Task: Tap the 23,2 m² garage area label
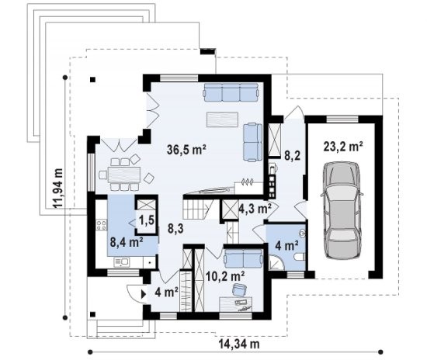[x=343, y=147]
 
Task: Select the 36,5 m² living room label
[x=186, y=150]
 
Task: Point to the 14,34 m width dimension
[x=239, y=344]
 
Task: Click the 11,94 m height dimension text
[x=57, y=189]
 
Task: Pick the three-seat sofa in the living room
[x=231, y=92]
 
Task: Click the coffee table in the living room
[x=222, y=119]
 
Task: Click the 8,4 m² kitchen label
[x=127, y=241]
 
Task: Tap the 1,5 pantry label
[x=147, y=220]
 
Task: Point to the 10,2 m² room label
[x=225, y=276]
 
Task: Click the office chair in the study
[x=239, y=289]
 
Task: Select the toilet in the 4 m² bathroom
[x=300, y=257]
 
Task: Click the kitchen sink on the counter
[x=122, y=262]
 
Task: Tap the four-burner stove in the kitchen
[x=101, y=225]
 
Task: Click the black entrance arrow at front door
[x=144, y=294]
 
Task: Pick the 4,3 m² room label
[x=255, y=209]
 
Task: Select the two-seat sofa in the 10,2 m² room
[x=243, y=259]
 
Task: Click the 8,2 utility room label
[x=293, y=156]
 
